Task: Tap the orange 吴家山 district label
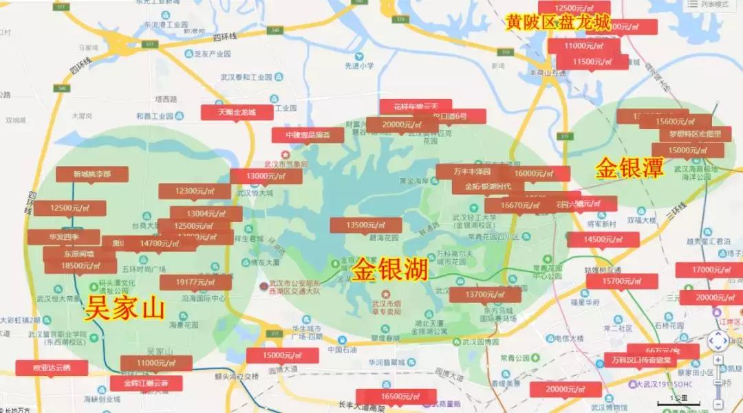tap(125, 309)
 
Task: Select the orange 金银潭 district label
tap(629, 168)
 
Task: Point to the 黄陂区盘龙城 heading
tap(557, 23)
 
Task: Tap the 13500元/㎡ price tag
tap(366, 225)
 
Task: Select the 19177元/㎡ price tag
tap(195, 282)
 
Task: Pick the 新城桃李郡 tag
tap(92, 175)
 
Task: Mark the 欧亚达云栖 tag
tap(52, 368)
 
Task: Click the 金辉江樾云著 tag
tap(146, 383)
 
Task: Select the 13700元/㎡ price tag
tap(485, 295)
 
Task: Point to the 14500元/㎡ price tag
tap(603, 240)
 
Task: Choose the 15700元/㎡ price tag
tap(622, 281)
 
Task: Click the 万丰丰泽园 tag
tap(472, 171)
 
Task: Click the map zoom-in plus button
tap(718, 360)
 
